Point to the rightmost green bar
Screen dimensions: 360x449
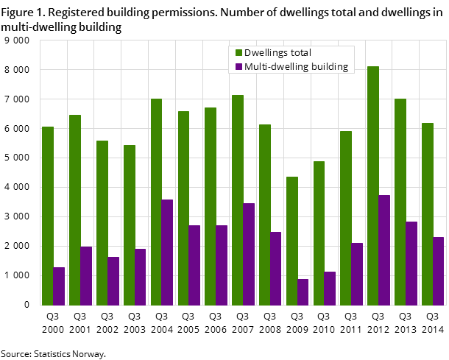(x=428, y=213)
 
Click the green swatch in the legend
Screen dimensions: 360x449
(x=238, y=53)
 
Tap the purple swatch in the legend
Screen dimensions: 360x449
(x=238, y=67)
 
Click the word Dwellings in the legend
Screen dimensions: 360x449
(x=267, y=53)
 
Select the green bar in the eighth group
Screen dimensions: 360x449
(x=238, y=200)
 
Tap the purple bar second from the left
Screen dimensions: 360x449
(x=86, y=275)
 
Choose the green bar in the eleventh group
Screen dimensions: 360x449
(x=319, y=233)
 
